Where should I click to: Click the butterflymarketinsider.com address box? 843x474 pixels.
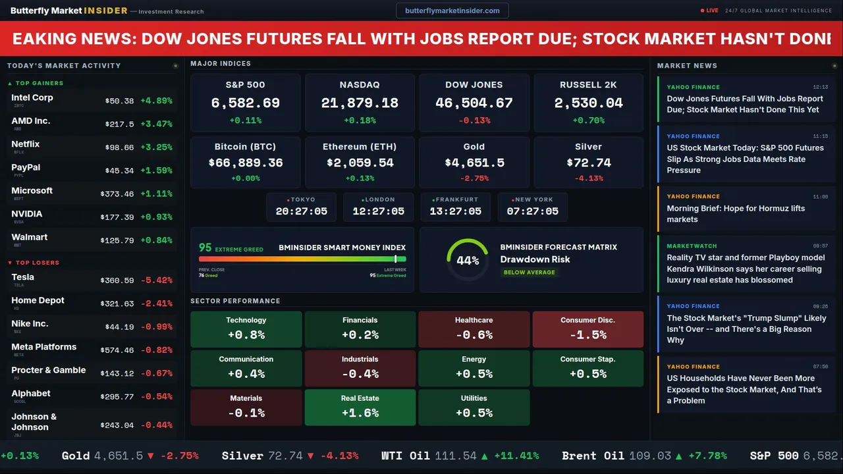pos(452,11)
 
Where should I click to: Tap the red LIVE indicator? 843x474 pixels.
pos(711,11)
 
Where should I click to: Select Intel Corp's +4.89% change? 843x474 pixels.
pos(156,101)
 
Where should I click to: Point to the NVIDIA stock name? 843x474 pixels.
pos(27,214)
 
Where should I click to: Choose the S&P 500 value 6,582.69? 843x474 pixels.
pos(245,103)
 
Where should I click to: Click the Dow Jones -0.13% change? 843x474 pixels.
pos(474,120)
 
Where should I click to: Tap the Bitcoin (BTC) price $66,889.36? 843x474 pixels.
pos(245,163)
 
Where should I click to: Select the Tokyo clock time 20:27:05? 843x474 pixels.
pos(301,211)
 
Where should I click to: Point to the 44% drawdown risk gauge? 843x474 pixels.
pos(468,260)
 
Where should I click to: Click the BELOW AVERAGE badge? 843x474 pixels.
pos(529,273)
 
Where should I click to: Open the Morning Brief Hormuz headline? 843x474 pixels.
pos(736,214)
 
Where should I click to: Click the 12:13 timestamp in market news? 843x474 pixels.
pos(820,87)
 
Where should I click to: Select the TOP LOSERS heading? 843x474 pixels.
pos(37,263)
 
